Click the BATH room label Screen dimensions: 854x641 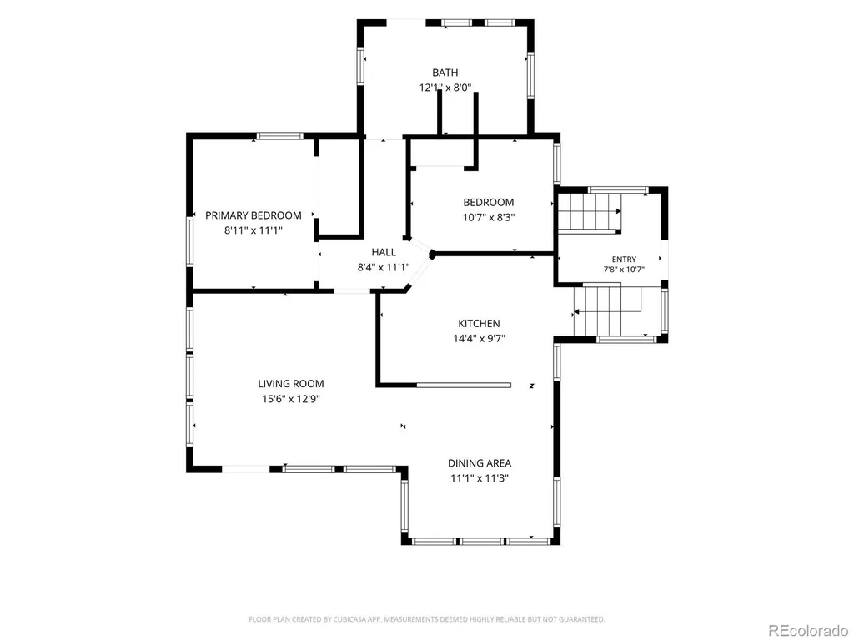coord(445,73)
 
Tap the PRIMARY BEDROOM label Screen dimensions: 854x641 coord(254,215)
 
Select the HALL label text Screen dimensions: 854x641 coord(384,252)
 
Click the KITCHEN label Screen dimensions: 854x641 coord(479,323)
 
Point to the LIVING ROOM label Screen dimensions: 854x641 coord(291,384)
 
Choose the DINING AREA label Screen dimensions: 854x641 coord(480,463)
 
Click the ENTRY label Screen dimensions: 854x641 coord(624,260)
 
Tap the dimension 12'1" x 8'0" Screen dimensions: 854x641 coord(445,88)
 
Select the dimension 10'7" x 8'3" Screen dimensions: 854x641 coord(489,218)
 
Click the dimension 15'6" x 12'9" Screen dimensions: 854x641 coord(291,399)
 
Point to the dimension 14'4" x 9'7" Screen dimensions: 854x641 coord(479,339)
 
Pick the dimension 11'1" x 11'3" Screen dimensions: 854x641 coord(480,478)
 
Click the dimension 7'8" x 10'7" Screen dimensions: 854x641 coord(624,270)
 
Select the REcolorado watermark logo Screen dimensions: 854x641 coord(808,631)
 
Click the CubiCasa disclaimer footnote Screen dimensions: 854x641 coord(426,619)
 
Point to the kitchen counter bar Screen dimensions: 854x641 coord(464,386)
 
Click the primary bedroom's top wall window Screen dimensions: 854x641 coord(280,136)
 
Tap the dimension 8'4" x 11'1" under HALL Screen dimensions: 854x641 coord(384,268)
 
